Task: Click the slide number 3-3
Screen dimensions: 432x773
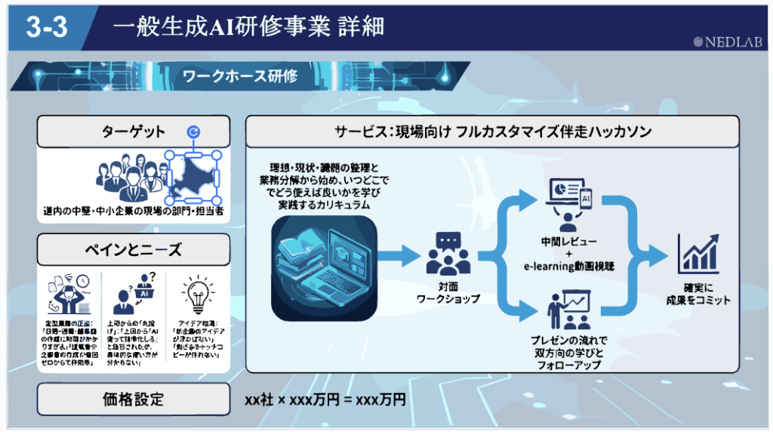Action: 46,27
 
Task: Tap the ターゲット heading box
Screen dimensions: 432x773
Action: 134,132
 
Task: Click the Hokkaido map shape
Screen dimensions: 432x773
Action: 193,175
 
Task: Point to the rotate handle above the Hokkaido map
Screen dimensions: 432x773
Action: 194,132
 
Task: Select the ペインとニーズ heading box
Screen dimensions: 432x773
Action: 134,249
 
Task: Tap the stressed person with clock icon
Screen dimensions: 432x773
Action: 70,294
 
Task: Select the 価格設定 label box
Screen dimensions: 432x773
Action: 134,399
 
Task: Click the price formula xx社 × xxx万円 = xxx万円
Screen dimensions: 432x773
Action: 325,400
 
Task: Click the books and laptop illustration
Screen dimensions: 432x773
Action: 324,264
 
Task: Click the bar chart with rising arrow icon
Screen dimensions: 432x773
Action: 698,254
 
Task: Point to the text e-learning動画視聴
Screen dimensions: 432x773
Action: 570,266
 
